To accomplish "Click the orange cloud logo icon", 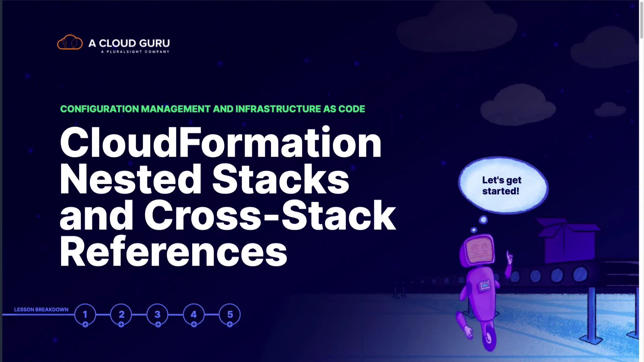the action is [x=70, y=43].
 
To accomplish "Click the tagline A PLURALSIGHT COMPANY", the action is [x=135, y=52].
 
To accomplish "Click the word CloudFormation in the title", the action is [x=220, y=142].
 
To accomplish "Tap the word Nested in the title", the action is [x=131, y=179].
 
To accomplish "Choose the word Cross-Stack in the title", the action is [x=270, y=215].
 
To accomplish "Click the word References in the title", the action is [x=173, y=251].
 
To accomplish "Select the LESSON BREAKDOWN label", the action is [x=41, y=309].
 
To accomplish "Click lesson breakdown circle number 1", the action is [x=85, y=314].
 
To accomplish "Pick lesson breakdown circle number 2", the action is [x=121, y=314].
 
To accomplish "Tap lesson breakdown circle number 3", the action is [x=157, y=314].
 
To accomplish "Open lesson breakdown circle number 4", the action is [x=194, y=314].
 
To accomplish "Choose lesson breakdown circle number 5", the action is [x=230, y=314].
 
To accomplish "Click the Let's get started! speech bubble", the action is [x=502, y=185].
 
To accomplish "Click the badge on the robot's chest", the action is [x=485, y=286].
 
